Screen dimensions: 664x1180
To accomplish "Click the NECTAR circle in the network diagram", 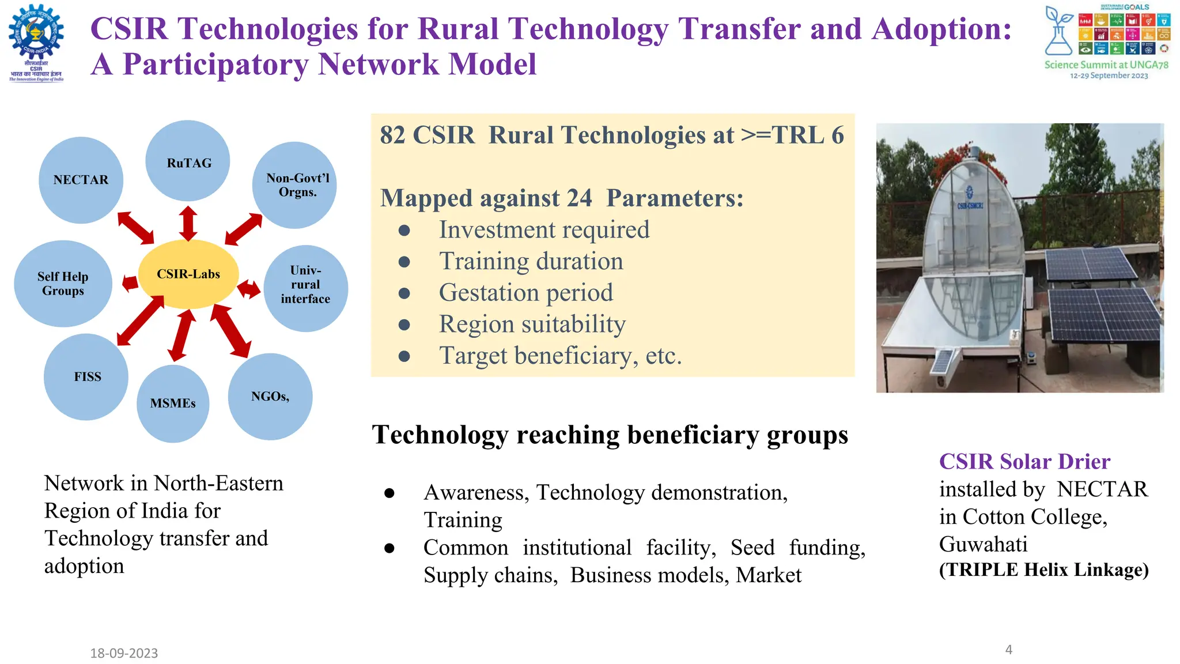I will coord(81,180).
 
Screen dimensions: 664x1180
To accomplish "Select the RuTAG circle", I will coord(188,162).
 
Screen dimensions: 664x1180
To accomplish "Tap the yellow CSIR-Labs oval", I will coord(188,274).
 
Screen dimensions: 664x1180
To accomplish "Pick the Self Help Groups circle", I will coord(63,284).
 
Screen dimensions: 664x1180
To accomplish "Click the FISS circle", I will coord(86,377).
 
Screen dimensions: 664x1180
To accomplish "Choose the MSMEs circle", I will coord(173,403).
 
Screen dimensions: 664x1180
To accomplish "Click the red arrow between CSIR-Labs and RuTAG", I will coord(188,224).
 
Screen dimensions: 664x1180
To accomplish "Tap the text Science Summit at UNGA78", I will coord(1106,65).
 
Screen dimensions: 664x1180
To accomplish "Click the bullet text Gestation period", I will coord(525,293).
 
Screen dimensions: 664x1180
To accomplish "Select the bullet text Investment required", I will coord(544,230).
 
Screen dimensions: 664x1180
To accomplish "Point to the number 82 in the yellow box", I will coord(392,135).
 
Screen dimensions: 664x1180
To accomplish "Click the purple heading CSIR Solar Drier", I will coord(1024,462).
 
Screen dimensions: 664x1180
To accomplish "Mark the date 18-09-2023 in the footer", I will coord(124,653).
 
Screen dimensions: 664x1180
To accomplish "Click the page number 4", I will coord(1008,650).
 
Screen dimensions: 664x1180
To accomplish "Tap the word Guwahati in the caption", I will coord(983,544).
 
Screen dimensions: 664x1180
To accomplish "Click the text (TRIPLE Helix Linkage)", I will coord(1043,569).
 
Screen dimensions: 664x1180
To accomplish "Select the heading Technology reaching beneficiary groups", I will coord(610,435).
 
